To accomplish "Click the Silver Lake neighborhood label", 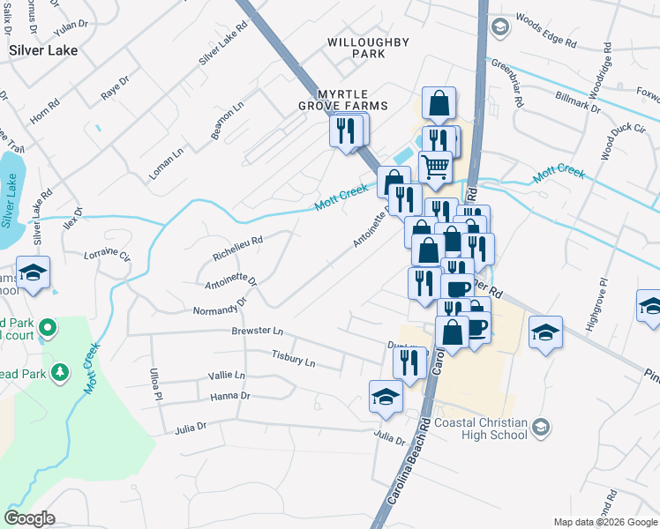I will [x=43, y=50].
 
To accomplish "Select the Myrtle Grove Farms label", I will [x=352, y=106].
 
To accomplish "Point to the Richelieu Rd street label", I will [x=238, y=248].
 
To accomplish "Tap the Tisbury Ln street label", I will [x=293, y=359].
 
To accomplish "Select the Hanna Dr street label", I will [x=230, y=397].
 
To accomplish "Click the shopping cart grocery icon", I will [x=434, y=165].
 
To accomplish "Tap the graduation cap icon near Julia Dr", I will [x=386, y=397].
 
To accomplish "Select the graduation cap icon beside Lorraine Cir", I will [x=33, y=272].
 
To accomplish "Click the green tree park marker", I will [x=60, y=373].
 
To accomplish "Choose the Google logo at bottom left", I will [x=29, y=518].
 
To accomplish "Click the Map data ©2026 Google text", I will [x=604, y=522].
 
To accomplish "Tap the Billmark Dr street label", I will [x=578, y=101].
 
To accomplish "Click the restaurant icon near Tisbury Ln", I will [x=409, y=361].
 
